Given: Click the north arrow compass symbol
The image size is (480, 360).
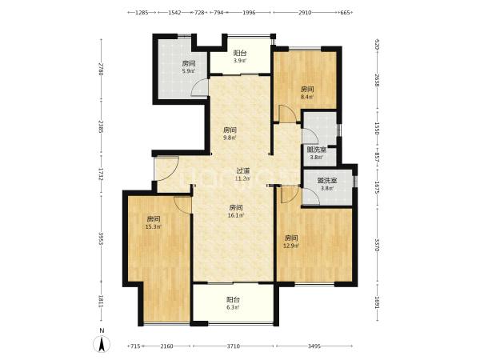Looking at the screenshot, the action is [102, 343].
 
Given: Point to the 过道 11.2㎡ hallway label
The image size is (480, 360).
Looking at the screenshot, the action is [243, 174].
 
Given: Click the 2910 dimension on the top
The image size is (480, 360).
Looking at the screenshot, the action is [305, 13].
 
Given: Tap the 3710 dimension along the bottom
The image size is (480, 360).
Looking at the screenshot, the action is [234, 346].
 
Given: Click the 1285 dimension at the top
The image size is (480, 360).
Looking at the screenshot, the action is [142, 13].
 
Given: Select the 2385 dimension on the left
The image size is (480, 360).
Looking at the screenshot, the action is [102, 126].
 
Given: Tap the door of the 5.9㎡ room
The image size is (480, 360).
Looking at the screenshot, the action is [199, 88].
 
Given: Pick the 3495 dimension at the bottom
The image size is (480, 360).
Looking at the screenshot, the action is [314, 346].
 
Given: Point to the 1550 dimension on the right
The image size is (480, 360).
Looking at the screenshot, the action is [377, 129].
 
